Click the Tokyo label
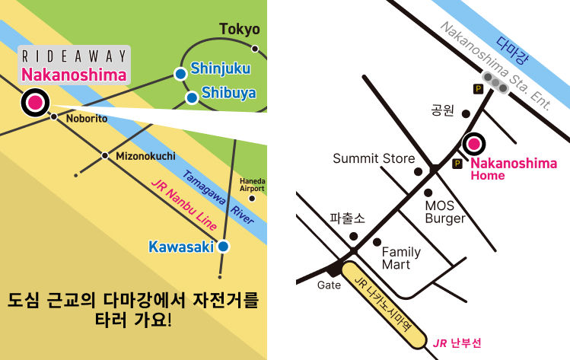click(x=240, y=30)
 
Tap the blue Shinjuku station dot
click(x=180, y=74)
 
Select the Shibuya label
click(x=228, y=94)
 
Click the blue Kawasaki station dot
click(x=223, y=247)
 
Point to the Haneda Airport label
click(x=252, y=184)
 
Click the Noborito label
click(x=86, y=119)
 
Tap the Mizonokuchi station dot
click(x=106, y=155)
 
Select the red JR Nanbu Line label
click(x=183, y=205)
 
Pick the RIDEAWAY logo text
click(x=75, y=57)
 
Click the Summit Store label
click(x=374, y=158)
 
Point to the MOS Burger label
click(x=445, y=212)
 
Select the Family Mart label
click(x=401, y=258)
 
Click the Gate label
click(x=330, y=285)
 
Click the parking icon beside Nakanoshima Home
click(x=457, y=164)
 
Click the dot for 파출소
click(x=353, y=236)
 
